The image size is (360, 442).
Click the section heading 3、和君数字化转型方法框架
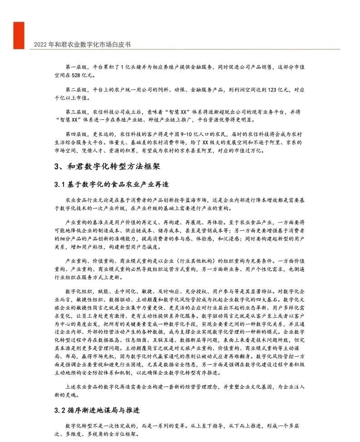coord(107,166)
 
